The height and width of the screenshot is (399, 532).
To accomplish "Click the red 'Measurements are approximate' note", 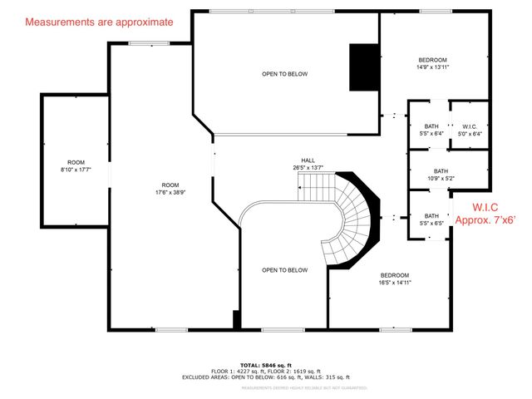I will coord(99,22).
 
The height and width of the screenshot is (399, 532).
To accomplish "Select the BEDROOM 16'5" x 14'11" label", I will coord(395,278).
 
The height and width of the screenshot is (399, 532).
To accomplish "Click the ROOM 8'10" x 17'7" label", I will coord(76,166).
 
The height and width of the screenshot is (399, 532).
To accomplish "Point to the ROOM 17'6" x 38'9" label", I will coord(170,189).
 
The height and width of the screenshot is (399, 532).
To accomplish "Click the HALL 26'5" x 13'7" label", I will coord(308,164).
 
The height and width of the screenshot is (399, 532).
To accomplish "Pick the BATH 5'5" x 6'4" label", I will coord(428,129).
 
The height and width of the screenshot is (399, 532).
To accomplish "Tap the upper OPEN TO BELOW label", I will coord(284,74).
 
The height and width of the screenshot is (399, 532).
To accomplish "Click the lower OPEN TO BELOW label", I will coord(284,270).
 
